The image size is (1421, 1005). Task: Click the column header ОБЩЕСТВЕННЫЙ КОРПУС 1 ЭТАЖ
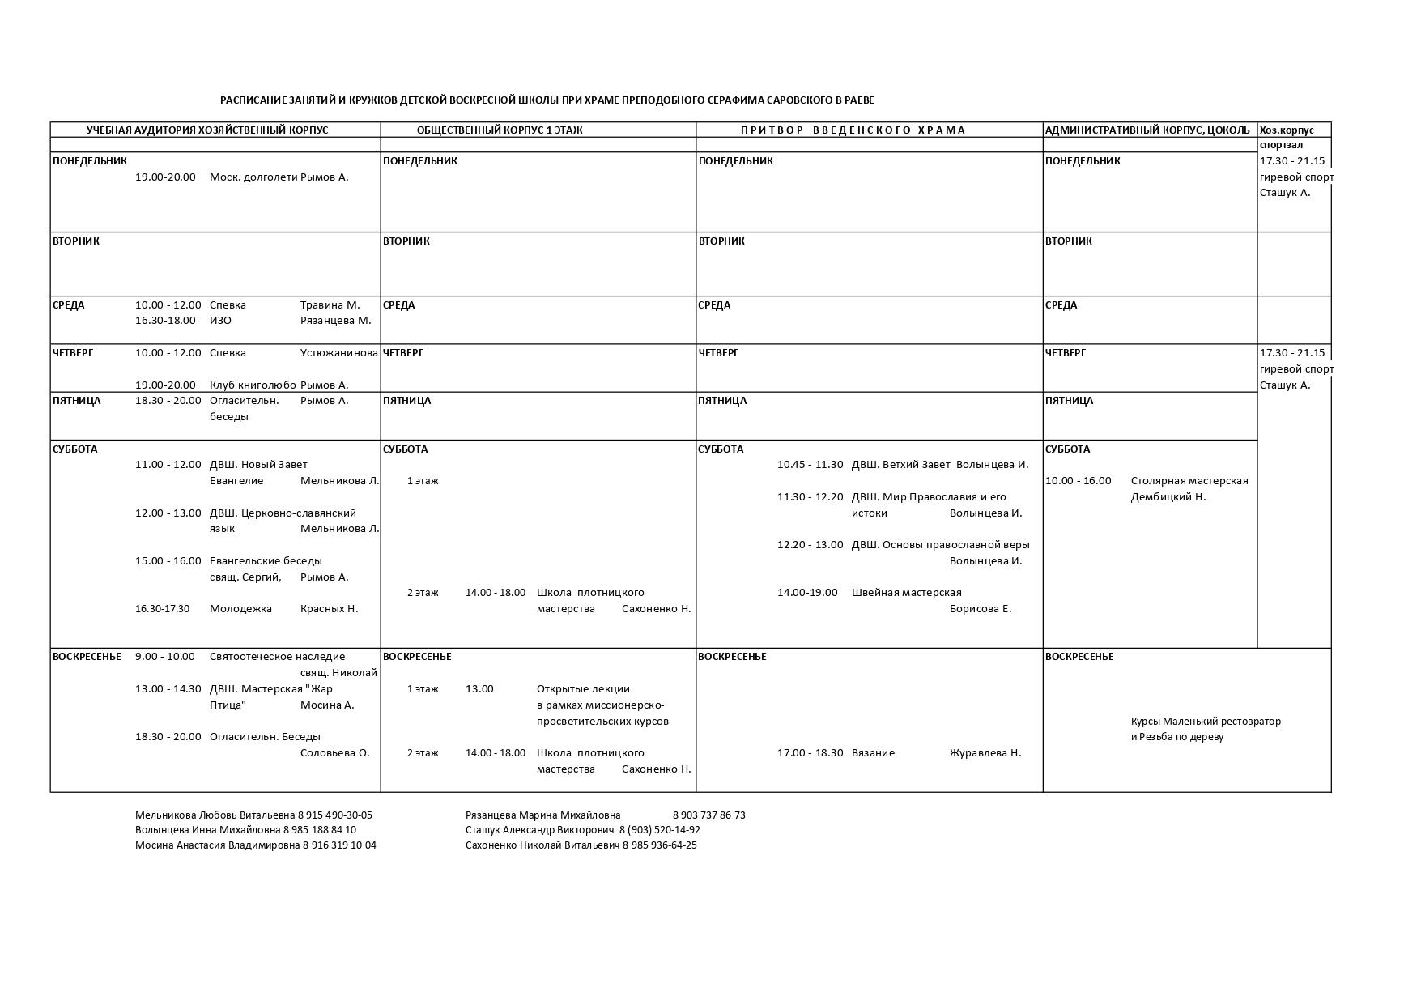coord(499,130)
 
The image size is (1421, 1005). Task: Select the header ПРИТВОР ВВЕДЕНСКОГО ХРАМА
coord(852,130)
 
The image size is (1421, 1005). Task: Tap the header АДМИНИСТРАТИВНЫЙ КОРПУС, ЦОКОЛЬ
coord(1147,130)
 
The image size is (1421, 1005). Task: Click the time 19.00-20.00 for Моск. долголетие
coord(165,177)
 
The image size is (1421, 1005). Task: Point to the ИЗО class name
coord(220,321)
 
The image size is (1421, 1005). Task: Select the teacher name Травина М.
coord(330,305)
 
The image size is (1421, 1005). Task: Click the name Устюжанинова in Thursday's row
coord(338,353)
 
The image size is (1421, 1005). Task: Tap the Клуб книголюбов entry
coord(253,385)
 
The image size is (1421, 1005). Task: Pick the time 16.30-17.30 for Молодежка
coord(162,609)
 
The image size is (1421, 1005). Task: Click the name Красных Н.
coord(329,609)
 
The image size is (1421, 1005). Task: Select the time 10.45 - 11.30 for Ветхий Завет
coord(810,465)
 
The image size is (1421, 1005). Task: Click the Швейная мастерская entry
coord(906,593)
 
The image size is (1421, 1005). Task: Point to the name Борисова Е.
coord(981,609)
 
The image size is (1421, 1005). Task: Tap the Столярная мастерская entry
coord(1189,481)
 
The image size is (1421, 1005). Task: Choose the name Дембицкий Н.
coord(1168,497)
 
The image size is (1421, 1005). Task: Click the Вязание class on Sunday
coord(873,753)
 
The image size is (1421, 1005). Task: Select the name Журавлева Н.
coord(985,753)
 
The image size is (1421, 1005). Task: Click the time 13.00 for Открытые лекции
coord(479,689)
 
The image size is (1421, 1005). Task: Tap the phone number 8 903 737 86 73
coord(708,815)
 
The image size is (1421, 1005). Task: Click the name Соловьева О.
coord(334,753)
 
